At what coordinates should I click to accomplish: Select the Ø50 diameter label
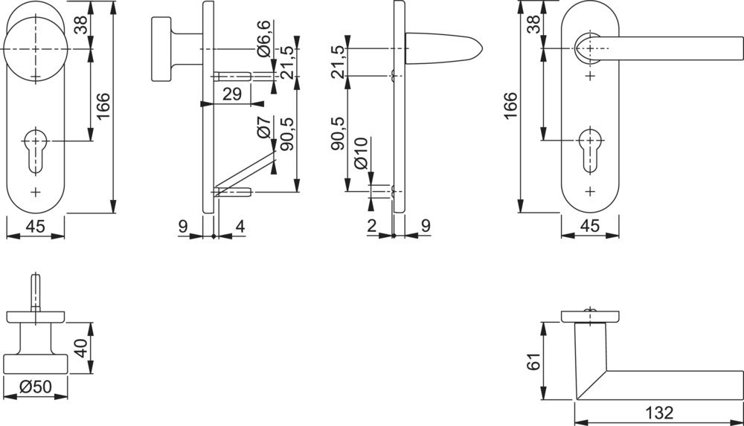[x=35, y=387]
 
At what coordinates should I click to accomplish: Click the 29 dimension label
[x=232, y=94]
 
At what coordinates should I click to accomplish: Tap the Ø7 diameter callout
[x=262, y=129]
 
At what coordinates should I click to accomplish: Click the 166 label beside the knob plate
[x=103, y=108]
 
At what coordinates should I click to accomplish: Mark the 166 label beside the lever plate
[x=510, y=108]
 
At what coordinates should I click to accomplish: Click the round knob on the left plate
[x=35, y=48]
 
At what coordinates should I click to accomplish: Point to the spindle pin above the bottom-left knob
[x=34, y=291]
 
